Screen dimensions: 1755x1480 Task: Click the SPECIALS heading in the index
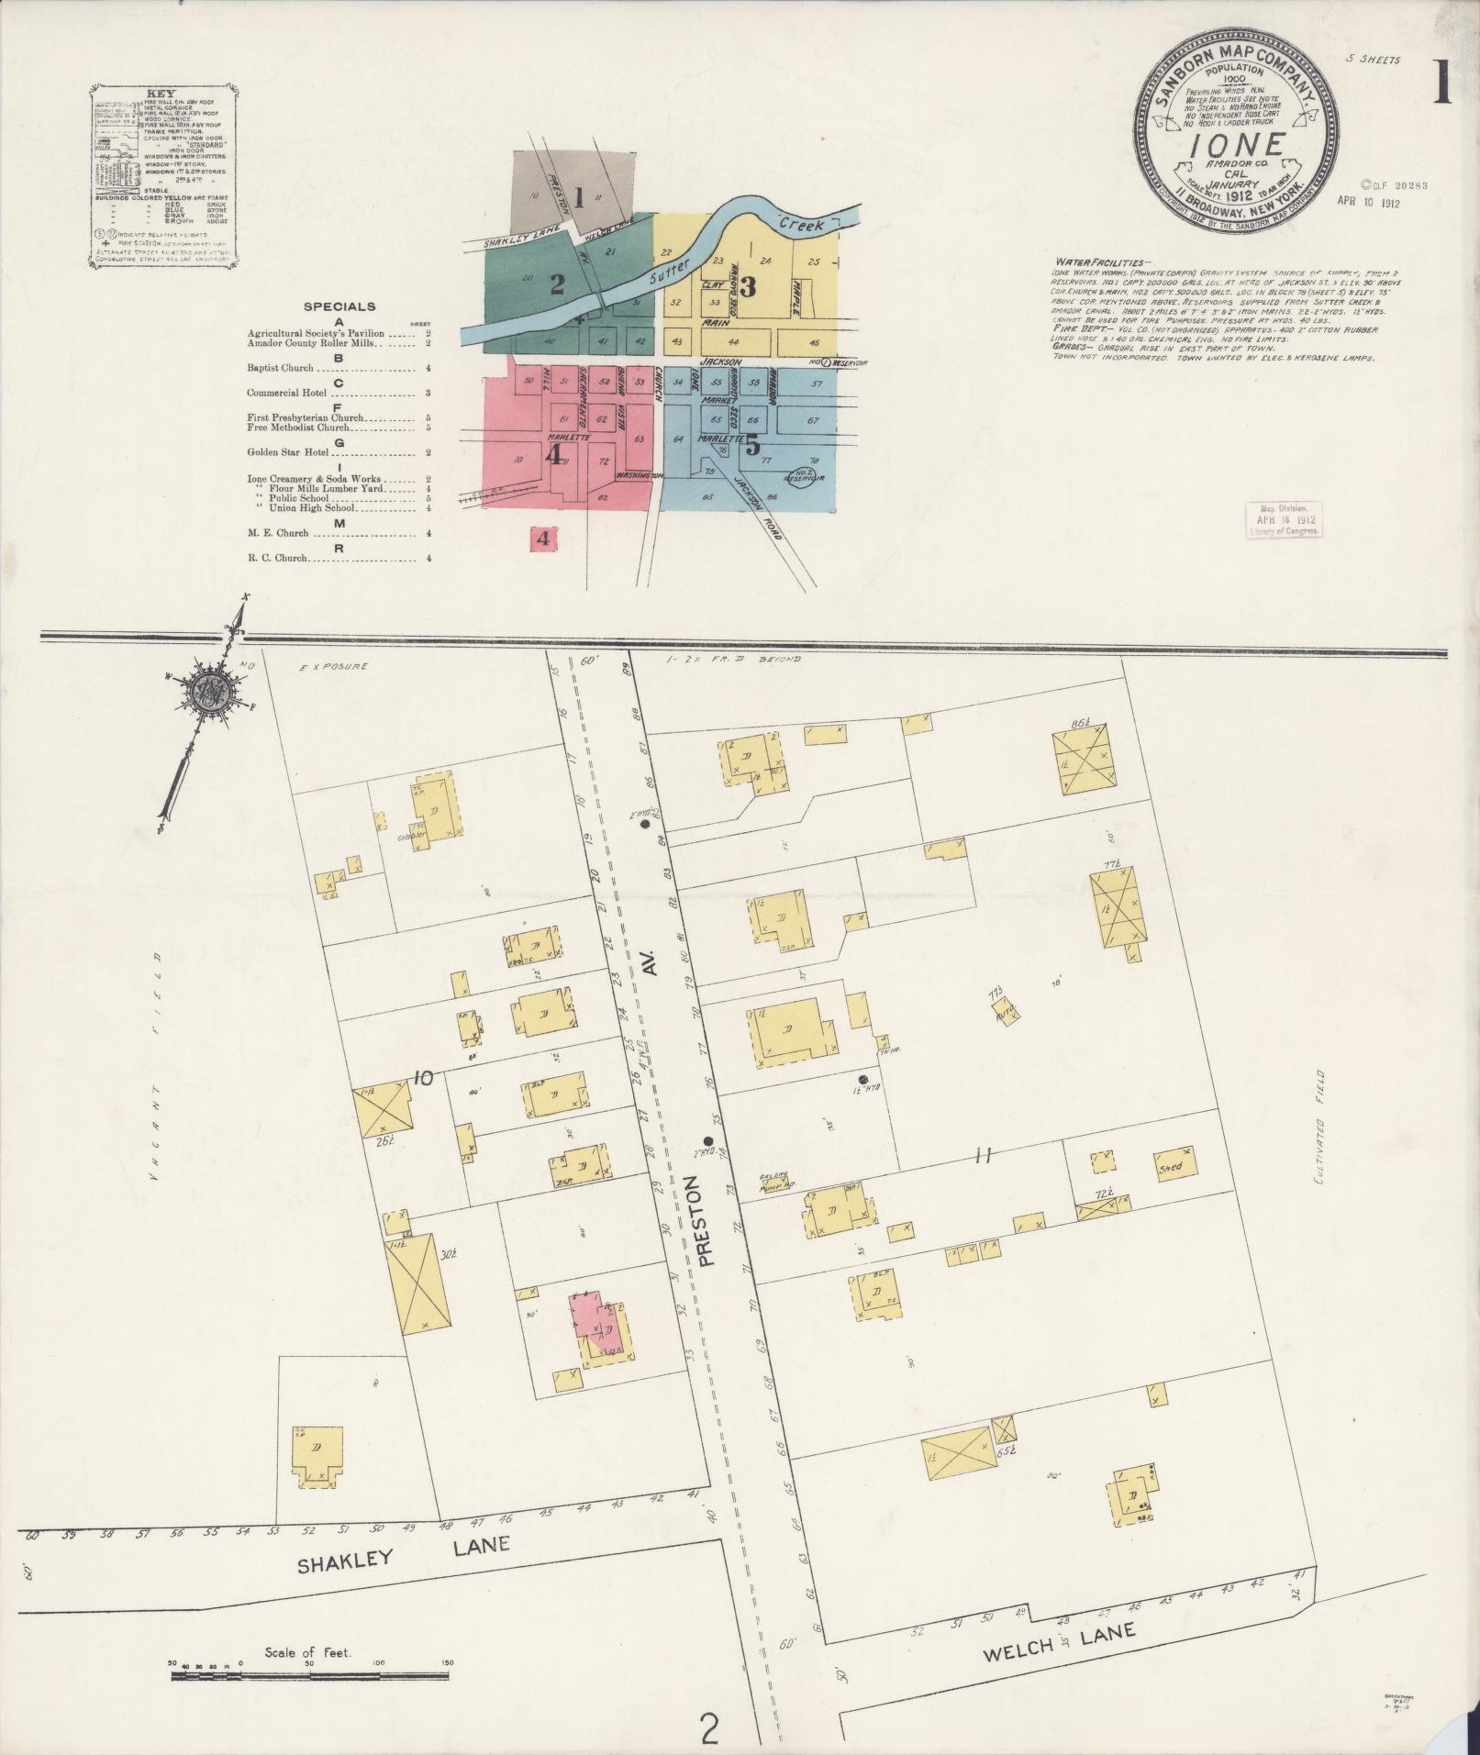[x=339, y=307]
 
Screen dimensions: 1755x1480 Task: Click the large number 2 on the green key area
[x=556, y=284]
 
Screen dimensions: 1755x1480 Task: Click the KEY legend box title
[x=158, y=94]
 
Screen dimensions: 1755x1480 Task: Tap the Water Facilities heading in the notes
[x=1088, y=261]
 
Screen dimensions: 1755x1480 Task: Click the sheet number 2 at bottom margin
[x=708, y=1728]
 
